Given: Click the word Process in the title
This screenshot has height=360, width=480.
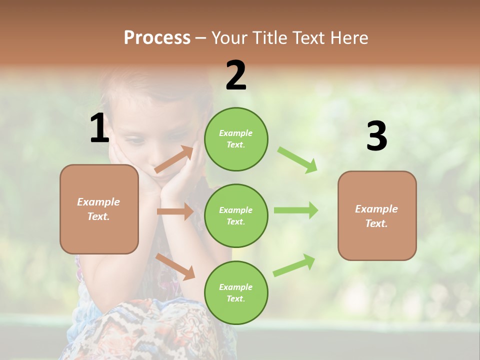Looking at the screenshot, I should point(157,37).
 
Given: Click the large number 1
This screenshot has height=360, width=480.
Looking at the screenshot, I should point(99,128).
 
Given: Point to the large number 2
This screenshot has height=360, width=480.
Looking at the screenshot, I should point(236,75).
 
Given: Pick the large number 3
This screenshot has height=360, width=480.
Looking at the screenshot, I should point(376,136).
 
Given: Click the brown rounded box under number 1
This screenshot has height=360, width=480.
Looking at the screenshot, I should point(99,209).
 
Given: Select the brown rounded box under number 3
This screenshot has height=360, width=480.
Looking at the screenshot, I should point(377,216).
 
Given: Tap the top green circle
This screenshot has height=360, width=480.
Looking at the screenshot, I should point(236,139).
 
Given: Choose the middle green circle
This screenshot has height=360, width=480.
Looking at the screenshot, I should point(236,216).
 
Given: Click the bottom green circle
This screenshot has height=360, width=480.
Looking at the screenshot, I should point(236,293).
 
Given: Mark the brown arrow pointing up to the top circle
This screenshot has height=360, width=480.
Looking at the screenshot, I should point(174,159).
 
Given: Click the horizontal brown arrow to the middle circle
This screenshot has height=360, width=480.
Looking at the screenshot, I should point(175,211).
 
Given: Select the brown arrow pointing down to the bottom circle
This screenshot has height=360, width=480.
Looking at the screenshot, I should point(175,266).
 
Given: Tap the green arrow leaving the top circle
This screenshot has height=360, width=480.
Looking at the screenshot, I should point(297,159).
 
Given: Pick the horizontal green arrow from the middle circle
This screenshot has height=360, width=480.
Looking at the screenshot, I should point(295,210).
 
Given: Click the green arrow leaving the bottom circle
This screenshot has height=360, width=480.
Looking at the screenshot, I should point(294,265).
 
